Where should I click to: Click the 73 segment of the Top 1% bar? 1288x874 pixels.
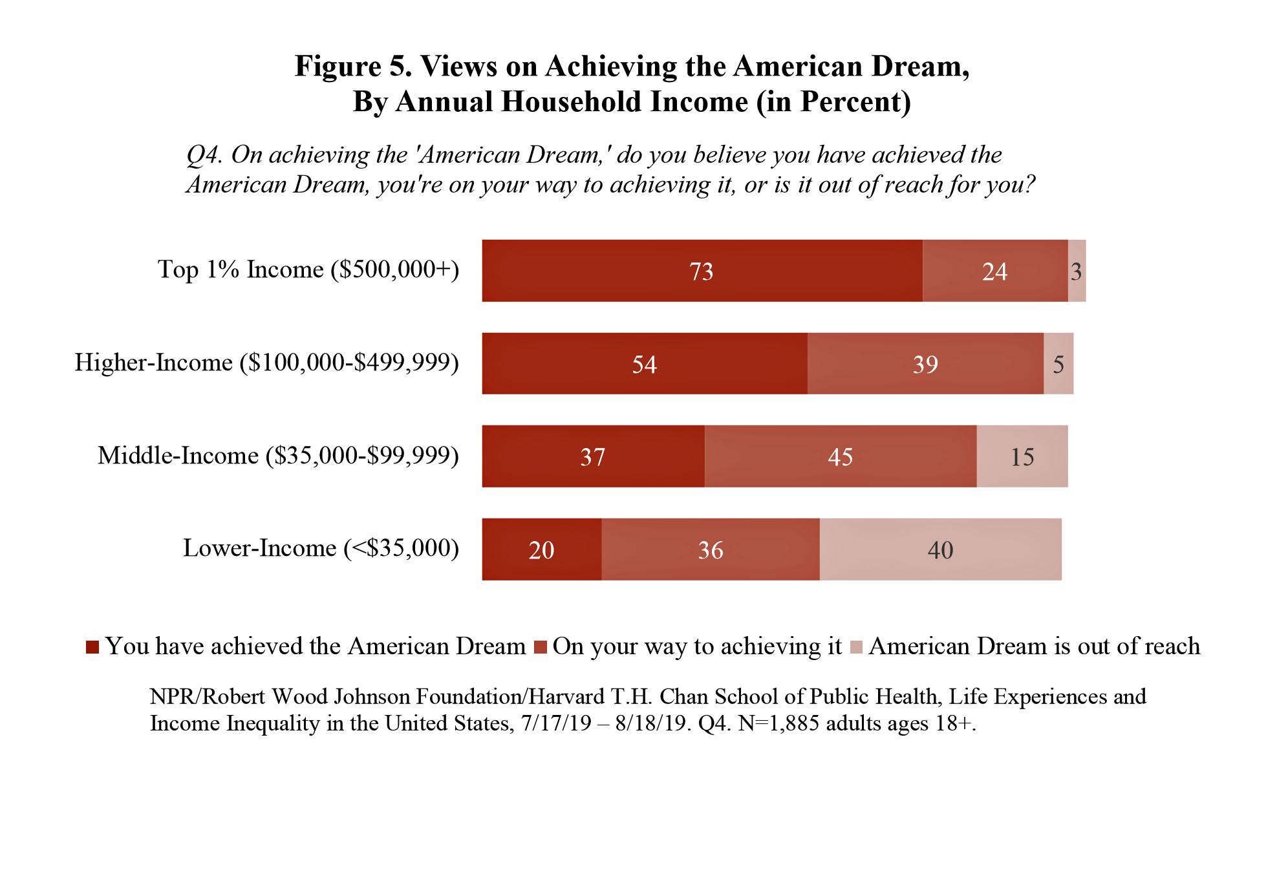702,271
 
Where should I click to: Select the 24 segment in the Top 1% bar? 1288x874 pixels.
994,271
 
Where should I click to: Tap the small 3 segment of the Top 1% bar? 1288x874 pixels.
1077,271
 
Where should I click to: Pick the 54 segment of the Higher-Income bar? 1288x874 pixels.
644,364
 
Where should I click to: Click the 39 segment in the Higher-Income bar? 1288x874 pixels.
925,364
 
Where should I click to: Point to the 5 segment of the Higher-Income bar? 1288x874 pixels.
1058,364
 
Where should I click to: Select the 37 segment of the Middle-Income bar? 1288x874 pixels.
593,456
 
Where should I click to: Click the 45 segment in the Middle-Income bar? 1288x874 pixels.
840,456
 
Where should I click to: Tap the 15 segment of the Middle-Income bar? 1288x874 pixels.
1022,456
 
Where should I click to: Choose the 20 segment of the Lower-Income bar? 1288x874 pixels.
541,549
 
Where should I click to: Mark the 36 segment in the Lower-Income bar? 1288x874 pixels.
710,549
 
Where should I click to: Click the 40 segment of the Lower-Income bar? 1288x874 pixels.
940,549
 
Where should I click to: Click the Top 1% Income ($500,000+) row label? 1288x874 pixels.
308,270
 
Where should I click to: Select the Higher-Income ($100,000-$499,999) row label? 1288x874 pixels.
266,363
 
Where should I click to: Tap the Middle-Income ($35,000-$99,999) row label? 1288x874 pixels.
278,456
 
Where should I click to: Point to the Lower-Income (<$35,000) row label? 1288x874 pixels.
321,548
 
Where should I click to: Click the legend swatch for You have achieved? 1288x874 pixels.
92,647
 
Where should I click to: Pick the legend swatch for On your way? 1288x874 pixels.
541,647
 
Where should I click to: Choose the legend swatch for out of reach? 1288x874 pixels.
856,647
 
